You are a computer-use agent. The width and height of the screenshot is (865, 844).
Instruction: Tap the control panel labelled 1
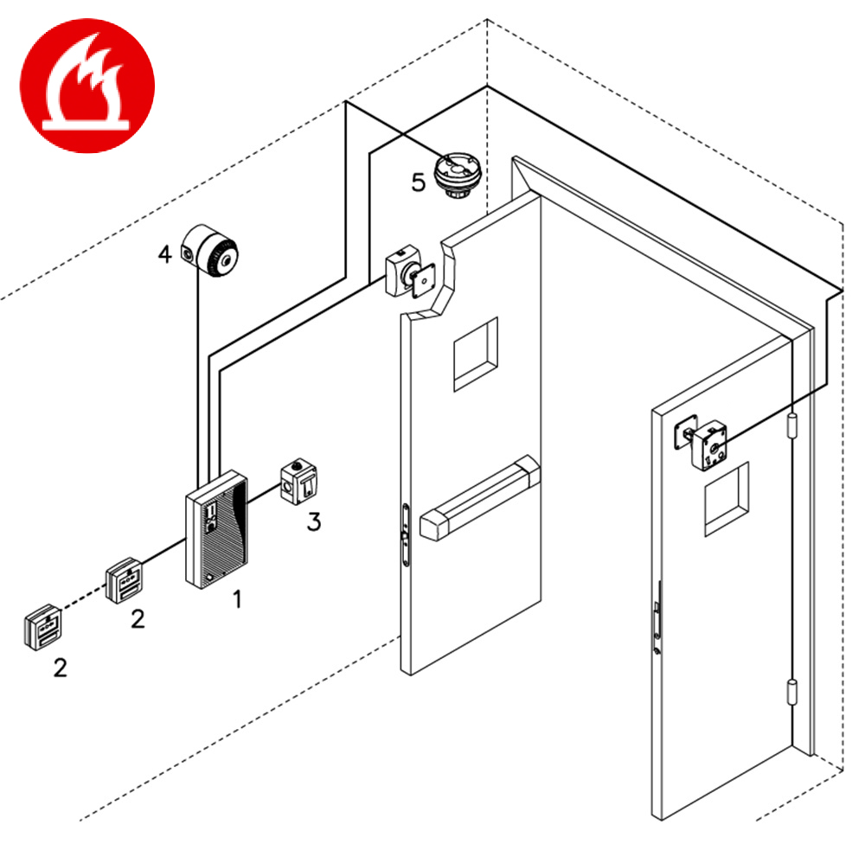pos(216,529)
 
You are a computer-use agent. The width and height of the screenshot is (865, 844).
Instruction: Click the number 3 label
pos(314,521)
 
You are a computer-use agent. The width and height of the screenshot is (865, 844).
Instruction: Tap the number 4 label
pos(164,254)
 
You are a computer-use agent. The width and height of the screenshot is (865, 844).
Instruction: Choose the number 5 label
pos(419,183)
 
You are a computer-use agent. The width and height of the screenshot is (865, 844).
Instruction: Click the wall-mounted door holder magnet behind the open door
pos(407,272)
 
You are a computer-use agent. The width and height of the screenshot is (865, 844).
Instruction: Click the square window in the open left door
pos(477,352)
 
